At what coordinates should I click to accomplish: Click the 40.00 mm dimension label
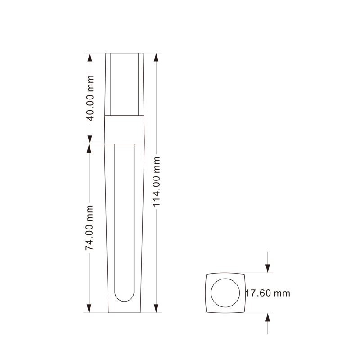click(x=90, y=98)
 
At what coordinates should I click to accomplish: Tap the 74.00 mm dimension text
click(x=89, y=228)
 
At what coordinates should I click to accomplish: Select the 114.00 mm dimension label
click(x=156, y=182)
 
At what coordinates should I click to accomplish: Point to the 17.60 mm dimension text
click(x=268, y=293)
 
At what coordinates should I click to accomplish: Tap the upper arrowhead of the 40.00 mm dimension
click(x=90, y=57)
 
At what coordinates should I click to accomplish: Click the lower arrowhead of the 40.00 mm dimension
click(x=90, y=139)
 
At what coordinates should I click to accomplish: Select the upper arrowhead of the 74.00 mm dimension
click(x=89, y=148)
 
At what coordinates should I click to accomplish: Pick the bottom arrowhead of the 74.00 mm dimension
click(x=89, y=308)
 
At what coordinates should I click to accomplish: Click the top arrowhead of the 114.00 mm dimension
click(x=156, y=57)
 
